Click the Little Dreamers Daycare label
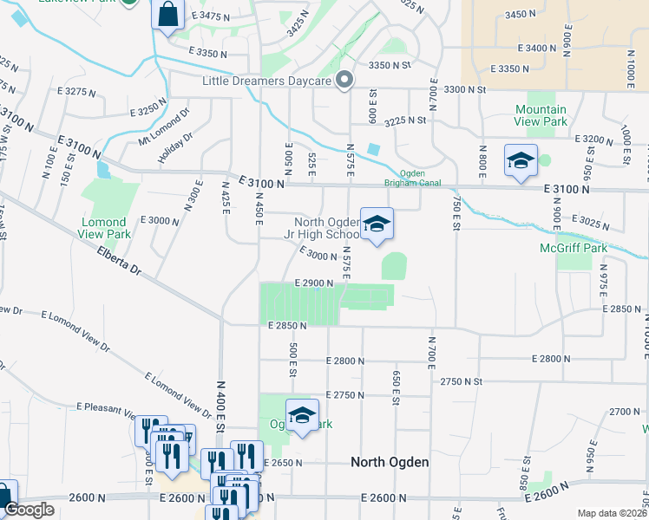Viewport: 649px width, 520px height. click(x=267, y=81)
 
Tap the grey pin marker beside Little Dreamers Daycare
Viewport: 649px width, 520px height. click(x=344, y=81)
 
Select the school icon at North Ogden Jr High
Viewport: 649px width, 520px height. click(x=377, y=225)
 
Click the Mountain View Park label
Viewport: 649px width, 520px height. click(x=541, y=116)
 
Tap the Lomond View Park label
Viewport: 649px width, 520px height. click(x=105, y=229)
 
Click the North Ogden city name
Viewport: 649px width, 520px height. click(x=390, y=462)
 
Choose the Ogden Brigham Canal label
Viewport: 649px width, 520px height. click(x=414, y=178)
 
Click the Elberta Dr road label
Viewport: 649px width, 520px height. click(x=119, y=261)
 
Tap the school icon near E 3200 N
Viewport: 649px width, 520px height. click(x=521, y=161)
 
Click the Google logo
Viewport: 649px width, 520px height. click(x=29, y=510)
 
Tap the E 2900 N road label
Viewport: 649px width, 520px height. click(x=314, y=283)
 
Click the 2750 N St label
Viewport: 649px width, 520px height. click(x=462, y=381)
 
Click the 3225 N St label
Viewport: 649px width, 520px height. click(x=406, y=120)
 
